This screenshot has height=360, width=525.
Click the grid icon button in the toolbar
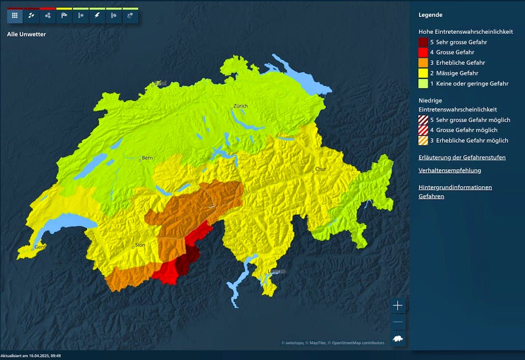click(x=15, y=16)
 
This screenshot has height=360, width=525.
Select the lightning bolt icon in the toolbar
click(x=97, y=16)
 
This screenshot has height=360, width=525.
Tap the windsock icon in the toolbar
click(x=64, y=16)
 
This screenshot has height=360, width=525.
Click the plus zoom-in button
click(x=398, y=306)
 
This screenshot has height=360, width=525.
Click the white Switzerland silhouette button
click(x=398, y=338)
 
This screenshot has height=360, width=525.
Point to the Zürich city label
click(x=240, y=106)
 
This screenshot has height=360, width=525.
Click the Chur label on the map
click(x=321, y=170)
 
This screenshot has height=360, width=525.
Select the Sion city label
click(x=140, y=245)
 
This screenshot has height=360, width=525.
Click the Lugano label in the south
click(x=277, y=272)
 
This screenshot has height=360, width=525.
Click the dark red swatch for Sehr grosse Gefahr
click(x=423, y=42)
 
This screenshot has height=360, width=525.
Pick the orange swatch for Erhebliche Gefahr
click(x=423, y=63)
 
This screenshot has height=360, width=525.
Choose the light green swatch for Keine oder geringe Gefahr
click(x=423, y=84)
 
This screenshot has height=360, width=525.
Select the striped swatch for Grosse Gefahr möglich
click(x=423, y=130)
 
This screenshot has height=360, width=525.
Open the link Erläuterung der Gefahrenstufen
click(x=462, y=158)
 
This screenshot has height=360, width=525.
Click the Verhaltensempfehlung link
click(x=449, y=171)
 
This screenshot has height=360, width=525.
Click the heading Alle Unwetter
click(x=26, y=34)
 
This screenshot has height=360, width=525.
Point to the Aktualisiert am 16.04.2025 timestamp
click(x=31, y=356)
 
